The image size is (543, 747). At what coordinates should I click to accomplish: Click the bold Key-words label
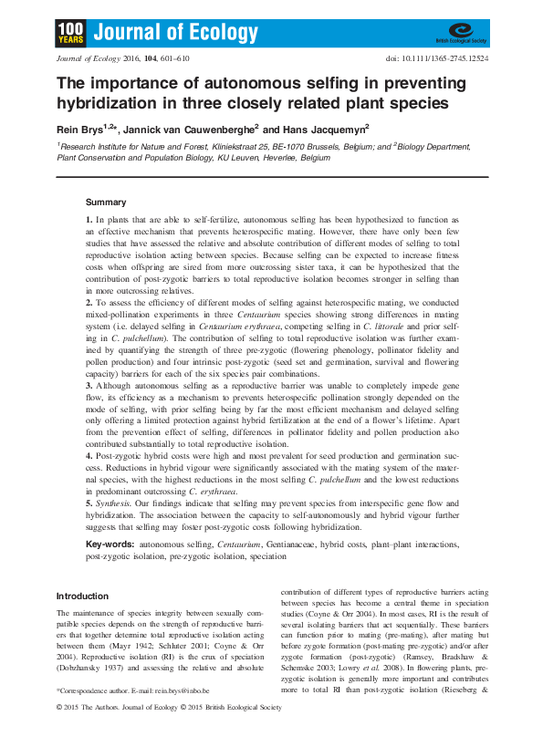click(110, 544)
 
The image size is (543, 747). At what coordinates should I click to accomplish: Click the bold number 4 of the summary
click(89, 453)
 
